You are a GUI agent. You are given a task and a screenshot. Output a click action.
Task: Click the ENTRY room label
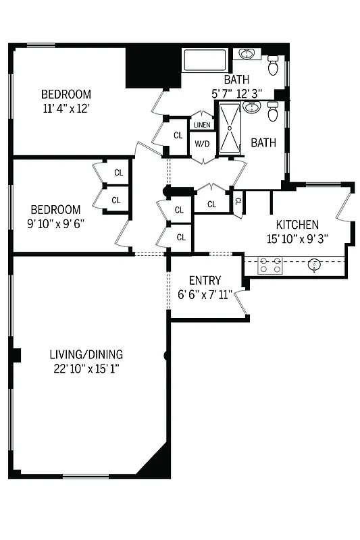pyautogui.click(x=205, y=280)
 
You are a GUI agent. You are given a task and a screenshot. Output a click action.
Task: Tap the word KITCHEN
pyautogui.click(x=297, y=225)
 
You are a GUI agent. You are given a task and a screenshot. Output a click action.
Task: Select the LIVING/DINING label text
pyautogui.click(x=86, y=354)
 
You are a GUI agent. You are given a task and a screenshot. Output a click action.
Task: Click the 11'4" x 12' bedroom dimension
pyautogui.click(x=66, y=108)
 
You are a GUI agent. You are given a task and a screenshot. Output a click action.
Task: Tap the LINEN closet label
pyautogui.click(x=202, y=125)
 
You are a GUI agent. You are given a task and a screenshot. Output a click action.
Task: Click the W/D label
pyautogui.click(x=202, y=144)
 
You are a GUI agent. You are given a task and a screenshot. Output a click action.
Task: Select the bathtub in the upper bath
pyautogui.click(x=207, y=61)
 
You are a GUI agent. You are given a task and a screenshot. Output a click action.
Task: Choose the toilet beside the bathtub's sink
pyautogui.click(x=274, y=66)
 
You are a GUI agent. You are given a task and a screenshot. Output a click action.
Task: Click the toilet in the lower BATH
pyautogui.click(x=273, y=113)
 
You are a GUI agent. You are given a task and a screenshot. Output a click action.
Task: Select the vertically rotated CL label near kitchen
pyautogui.click(x=238, y=200)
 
